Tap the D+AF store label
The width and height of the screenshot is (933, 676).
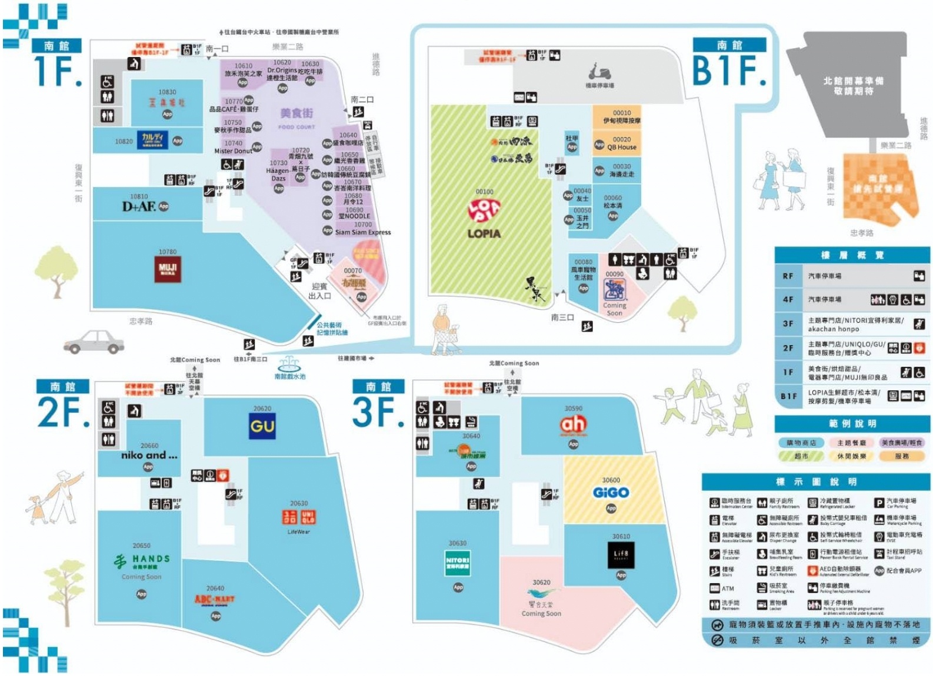pyautogui.click(x=139, y=206)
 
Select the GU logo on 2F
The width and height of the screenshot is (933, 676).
pyautogui.click(x=262, y=426)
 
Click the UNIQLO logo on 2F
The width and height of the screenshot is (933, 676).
pyautogui.click(x=299, y=517)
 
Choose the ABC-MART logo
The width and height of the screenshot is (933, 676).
pyautogui.click(x=215, y=600)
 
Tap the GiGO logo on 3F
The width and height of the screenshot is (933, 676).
pyautogui.click(x=611, y=493)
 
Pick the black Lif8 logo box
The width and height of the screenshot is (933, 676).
pyautogui.click(x=621, y=555)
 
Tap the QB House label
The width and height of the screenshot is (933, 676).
pyautogui.click(x=622, y=148)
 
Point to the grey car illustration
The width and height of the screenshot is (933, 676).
pyautogui.click(x=94, y=342)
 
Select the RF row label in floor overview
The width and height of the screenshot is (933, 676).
pyautogui.click(x=788, y=276)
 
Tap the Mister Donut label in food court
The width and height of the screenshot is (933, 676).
pyautogui.click(x=232, y=151)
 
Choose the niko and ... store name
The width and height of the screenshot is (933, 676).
pyautogui.click(x=149, y=455)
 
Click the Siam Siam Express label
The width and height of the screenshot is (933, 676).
pyautogui.click(x=362, y=232)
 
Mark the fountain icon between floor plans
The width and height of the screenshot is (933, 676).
pyautogui.click(x=289, y=364)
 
